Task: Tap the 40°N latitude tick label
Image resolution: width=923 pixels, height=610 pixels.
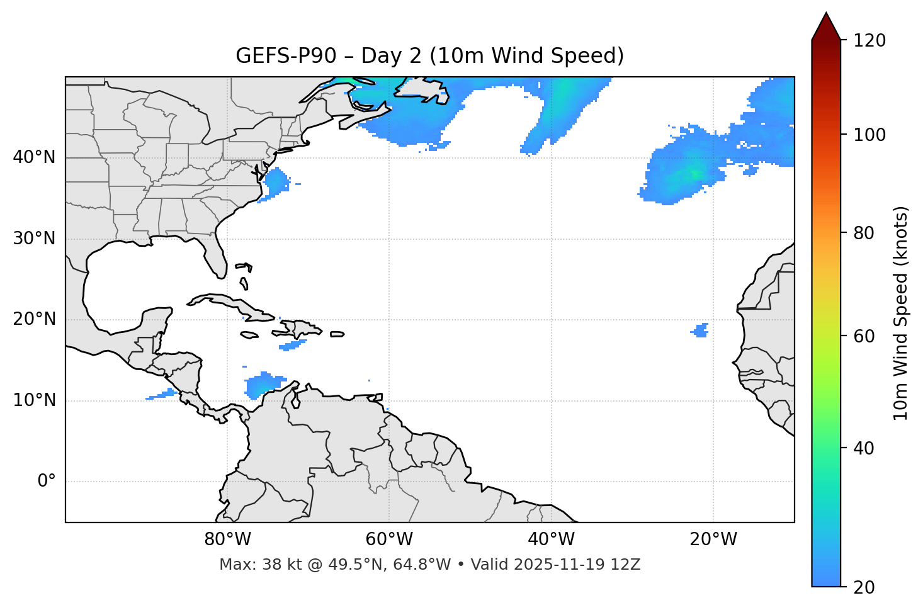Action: [x=34, y=157]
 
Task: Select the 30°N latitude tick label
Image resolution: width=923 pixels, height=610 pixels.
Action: [x=34, y=239]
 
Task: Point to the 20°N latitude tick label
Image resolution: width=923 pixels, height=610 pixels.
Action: [x=34, y=319]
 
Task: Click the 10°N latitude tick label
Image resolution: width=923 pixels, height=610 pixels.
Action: [x=34, y=400]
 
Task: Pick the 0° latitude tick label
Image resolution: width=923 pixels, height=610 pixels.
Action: [x=47, y=482]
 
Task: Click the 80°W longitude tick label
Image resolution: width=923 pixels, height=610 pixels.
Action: [x=227, y=539]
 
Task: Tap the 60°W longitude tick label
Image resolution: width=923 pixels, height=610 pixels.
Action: [x=389, y=539]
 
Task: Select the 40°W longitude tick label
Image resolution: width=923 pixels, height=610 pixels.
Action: [x=551, y=539]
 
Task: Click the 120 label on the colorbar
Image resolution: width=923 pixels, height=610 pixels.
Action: [x=869, y=41]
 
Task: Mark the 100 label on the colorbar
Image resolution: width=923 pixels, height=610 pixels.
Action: [x=869, y=135]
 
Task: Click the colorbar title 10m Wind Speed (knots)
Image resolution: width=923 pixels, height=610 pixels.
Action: [x=901, y=313]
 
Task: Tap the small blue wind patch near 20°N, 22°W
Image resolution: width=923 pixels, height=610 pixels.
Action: [x=700, y=330]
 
